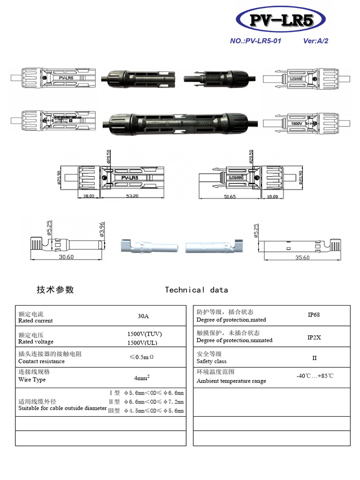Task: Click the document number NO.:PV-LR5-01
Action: [x=255, y=41]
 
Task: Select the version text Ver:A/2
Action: [x=316, y=41]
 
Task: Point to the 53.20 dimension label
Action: [x=133, y=196]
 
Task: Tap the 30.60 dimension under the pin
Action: [x=66, y=257]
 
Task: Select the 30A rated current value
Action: [x=143, y=316]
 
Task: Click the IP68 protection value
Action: [x=314, y=315]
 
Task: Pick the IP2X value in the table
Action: [x=314, y=337]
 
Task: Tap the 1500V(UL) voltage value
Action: [x=144, y=343]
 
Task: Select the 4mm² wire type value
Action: [x=142, y=378]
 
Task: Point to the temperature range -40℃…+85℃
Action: [x=315, y=376]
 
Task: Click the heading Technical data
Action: [x=196, y=290]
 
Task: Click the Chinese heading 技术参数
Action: [x=55, y=290]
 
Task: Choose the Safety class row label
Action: [x=211, y=361]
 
